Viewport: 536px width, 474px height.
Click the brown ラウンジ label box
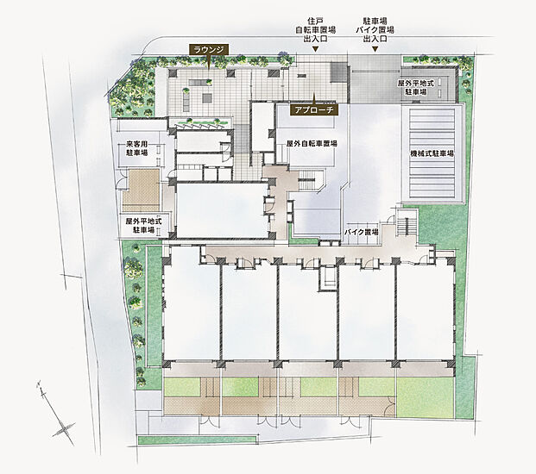tap(209, 49)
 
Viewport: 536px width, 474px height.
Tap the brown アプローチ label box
tap(314, 109)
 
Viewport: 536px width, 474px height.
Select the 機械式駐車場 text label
tap(432, 153)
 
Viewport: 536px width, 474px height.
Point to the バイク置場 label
tap(362, 233)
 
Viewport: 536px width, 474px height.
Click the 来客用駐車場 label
tap(137, 148)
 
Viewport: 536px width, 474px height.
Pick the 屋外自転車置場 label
tap(312, 143)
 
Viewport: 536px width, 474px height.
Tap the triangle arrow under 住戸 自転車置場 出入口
tap(315, 49)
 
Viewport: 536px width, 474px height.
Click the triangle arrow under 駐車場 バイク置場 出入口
tap(375, 49)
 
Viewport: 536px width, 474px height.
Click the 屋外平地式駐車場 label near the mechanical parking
tap(416, 87)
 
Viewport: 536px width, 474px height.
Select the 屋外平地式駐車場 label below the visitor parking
tap(144, 226)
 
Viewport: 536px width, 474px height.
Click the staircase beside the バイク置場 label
tap(407, 223)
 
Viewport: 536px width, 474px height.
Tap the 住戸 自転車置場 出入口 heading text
tap(315, 29)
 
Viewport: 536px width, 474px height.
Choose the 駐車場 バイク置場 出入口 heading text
tap(375, 29)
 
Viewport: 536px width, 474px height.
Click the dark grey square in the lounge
tap(207, 98)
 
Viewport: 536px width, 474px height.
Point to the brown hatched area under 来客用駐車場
tap(142, 190)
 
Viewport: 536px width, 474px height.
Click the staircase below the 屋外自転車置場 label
tap(309, 180)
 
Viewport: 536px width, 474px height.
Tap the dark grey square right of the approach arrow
tap(338, 73)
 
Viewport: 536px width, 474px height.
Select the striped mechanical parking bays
tap(432, 153)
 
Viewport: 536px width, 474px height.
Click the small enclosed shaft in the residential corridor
tap(328, 278)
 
